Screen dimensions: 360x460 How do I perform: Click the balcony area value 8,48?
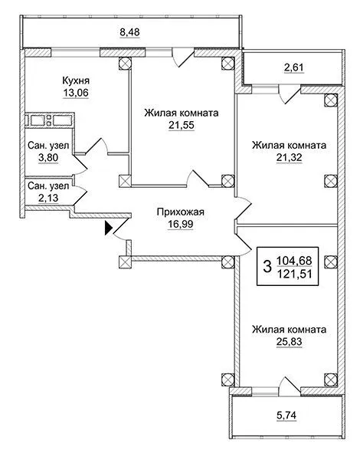coord(129,31)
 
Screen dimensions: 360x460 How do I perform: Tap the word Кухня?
coord(76,80)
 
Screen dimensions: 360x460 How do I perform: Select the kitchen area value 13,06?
coord(76,93)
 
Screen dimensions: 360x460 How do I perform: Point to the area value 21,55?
coord(182,125)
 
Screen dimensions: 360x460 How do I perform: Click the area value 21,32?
coord(289,158)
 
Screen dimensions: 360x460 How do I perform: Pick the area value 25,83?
coord(289,342)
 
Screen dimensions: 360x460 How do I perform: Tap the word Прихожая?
coord(180,212)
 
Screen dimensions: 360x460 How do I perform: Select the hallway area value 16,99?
coord(180,224)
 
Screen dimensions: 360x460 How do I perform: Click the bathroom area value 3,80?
coord(48,158)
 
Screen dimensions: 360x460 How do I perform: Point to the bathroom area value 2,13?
coord(48,198)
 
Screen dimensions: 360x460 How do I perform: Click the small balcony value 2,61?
coord(294,67)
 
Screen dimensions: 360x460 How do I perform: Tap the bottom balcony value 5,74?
coord(286,415)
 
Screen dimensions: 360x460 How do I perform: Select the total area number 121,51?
coord(294,274)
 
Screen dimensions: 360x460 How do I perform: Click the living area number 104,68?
coord(294,261)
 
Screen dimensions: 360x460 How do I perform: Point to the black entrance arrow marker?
coord(109,228)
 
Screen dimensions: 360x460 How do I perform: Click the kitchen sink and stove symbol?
coord(49,120)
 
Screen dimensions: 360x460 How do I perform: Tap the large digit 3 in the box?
coord(267,267)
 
